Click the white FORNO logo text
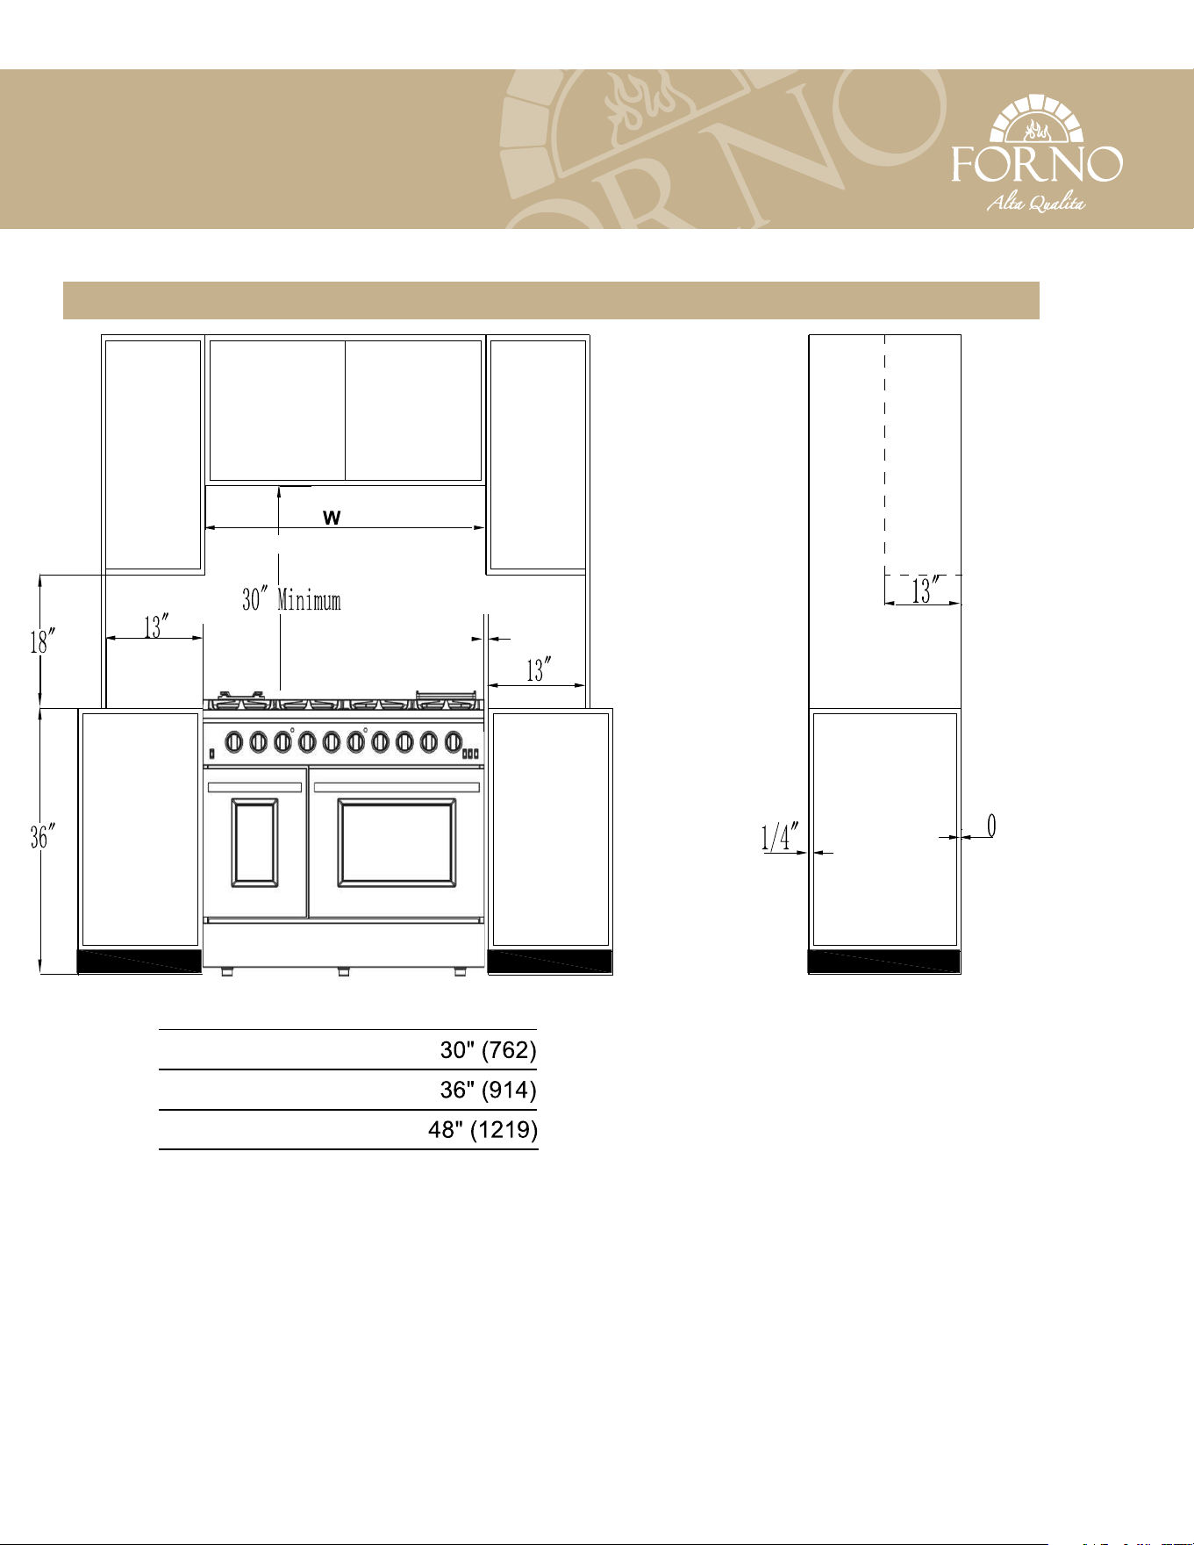pos(1037,163)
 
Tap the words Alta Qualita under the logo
pos(1036,204)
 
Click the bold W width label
pos(332,518)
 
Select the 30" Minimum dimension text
pos(291,600)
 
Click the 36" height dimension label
pos(39,837)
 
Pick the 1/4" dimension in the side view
pos(780,836)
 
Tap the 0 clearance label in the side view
pos(991,826)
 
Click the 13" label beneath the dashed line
pos(926,590)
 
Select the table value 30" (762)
pos(488,1050)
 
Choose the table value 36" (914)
pos(488,1090)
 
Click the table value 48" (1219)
pos(483,1129)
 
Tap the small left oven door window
pos(255,842)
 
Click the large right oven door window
pos(397,842)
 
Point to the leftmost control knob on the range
pos(234,742)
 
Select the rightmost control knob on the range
pos(454,742)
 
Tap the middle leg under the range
pos(344,972)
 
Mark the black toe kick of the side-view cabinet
pos(884,962)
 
